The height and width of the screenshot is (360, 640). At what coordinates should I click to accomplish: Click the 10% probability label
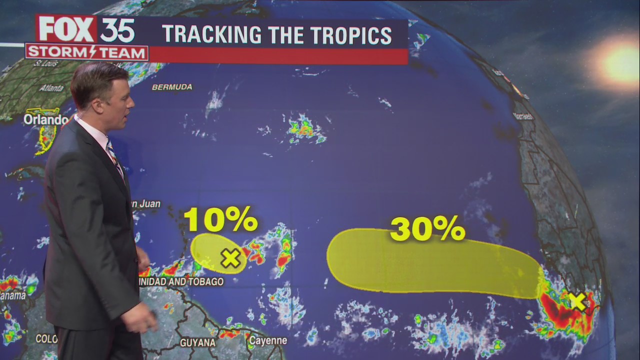coord(220,219)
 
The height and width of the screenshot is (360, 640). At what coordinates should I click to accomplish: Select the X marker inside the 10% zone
coord(230,258)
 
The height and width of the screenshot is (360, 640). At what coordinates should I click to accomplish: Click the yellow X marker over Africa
coord(577,301)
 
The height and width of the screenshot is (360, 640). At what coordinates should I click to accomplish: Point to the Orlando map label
coord(45,120)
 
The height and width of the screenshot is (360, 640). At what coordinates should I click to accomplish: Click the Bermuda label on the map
coord(172,87)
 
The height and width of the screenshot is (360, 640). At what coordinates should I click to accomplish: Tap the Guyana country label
coord(197,343)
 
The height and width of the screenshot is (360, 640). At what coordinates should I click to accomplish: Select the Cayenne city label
coord(267,341)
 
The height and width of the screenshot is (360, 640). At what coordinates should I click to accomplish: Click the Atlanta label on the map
coord(51,88)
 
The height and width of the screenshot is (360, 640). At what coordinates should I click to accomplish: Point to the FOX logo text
coord(67,29)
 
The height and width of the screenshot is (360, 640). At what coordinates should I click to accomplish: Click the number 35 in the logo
coord(117,31)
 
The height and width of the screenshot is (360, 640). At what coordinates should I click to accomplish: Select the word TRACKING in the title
coord(212,35)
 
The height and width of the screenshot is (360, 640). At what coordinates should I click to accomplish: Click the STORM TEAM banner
coord(86,52)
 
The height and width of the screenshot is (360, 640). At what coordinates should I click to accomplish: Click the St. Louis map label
coord(45,64)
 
